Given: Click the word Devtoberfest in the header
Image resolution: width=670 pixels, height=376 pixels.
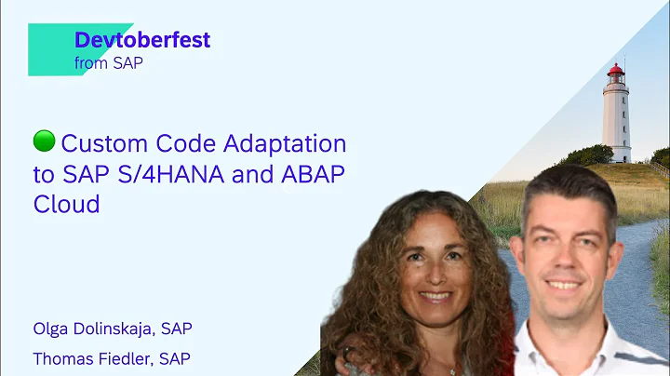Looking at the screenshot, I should [x=141, y=41].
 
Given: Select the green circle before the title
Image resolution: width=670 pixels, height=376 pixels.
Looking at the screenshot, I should [x=43, y=141].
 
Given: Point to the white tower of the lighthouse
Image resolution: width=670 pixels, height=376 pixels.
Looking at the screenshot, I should [x=615, y=121].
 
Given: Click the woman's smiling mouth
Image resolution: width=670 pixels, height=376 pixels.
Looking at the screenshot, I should [x=436, y=297].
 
